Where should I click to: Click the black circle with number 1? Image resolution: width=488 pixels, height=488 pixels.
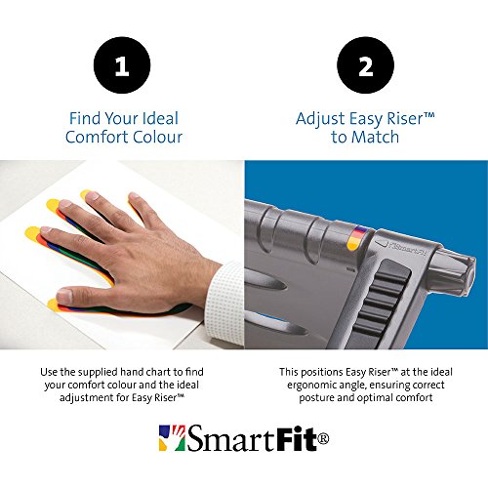point(122,65)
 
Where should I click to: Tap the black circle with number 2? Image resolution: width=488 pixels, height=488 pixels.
point(365,65)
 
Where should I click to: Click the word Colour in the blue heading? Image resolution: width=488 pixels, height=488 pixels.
point(158,137)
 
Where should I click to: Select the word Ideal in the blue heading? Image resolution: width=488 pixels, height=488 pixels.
point(160,118)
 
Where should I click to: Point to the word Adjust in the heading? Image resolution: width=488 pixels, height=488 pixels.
point(320,119)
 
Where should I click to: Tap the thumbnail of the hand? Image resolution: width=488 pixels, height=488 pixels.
point(65,295)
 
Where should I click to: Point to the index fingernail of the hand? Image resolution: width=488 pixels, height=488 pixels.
point(46,229)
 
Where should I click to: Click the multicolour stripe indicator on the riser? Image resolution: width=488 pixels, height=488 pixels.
point(357,238)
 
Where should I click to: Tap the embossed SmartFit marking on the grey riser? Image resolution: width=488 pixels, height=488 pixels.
point(407,249)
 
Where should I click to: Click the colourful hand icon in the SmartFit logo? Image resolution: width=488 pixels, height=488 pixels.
point(172,438)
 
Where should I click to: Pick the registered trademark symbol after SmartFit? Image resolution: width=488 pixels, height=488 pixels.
point(323,439)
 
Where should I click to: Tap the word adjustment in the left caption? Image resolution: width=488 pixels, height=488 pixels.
point(86,398)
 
